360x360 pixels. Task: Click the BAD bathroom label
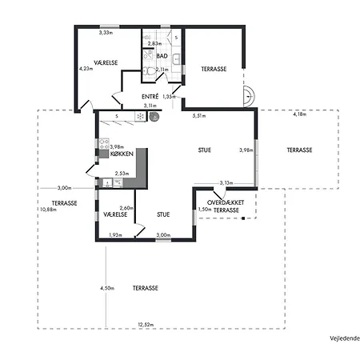click(x=162, y=56)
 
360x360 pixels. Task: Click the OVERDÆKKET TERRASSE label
click(x=224, y=206)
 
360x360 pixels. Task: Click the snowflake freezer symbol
click(x=140, y=116)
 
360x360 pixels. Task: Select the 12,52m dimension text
click(x=145, y=325)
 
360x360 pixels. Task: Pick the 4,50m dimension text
click(x=107, y=287)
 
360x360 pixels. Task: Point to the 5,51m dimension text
click(x=200, y=116)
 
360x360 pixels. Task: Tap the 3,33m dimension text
click(x=105, y=33)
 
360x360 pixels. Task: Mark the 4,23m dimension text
click(x=86, y=69)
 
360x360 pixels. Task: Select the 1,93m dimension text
click(x=114, y=234)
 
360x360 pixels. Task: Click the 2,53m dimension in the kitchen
click(x=122, y=173)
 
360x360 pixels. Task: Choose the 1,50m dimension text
click(x=205, y=210)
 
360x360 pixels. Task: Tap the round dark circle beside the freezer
click(x=154, y=116)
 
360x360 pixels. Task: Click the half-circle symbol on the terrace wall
click(x=250, y=96)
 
